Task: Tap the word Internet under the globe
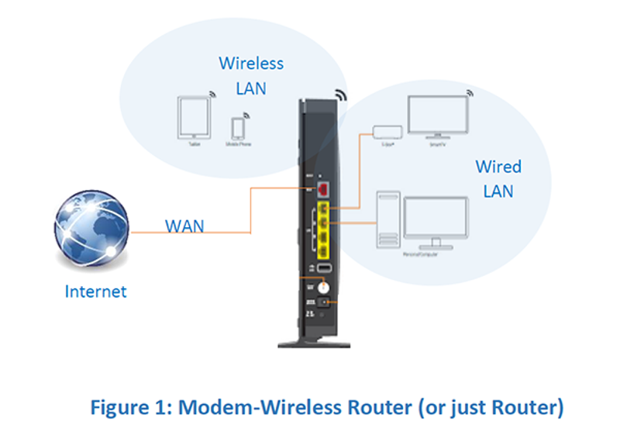(x=95, y=292)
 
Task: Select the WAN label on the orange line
(x=184, y=226)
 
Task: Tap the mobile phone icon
(x=238, y=127)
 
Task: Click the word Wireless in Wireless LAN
(x=251, y=63)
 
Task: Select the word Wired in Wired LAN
(x=498, y=167)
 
